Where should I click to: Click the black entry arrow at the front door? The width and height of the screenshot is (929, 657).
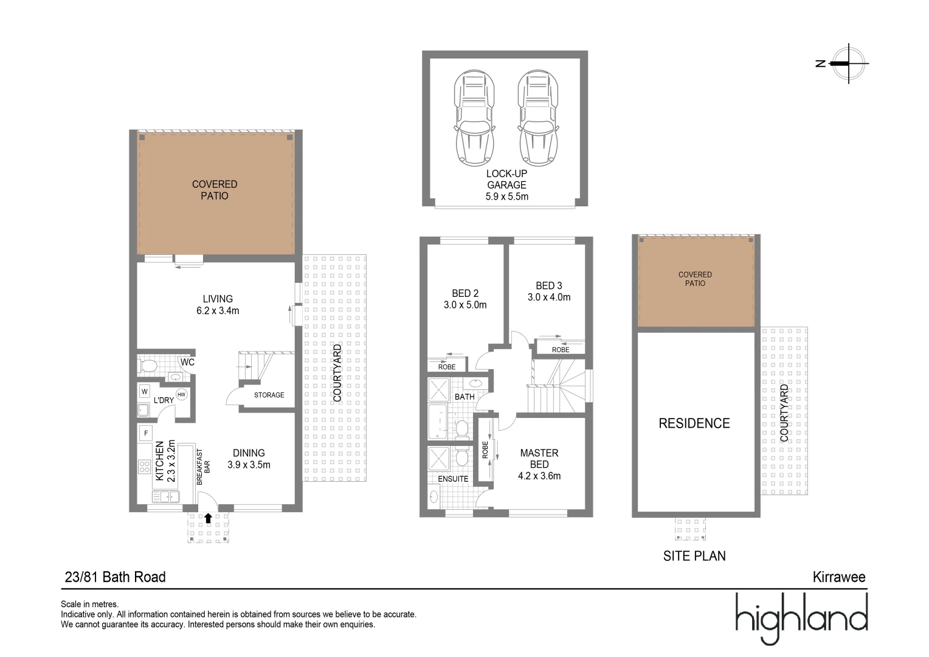point(209,518)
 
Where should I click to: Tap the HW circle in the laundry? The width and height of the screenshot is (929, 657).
point(181,395)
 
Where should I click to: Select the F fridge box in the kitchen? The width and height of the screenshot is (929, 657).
point(145,433)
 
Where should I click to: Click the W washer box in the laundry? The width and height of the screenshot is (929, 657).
point(145,391)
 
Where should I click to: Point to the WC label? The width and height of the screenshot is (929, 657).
point(187,363)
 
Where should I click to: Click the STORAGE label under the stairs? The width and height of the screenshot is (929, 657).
point(269,395)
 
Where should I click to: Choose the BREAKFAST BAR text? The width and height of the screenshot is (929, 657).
point(202,467)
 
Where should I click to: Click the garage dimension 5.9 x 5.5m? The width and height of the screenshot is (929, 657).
point(506,196)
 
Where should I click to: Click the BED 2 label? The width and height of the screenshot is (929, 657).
point(465,293)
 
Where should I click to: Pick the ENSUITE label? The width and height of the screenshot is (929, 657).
point(453,479)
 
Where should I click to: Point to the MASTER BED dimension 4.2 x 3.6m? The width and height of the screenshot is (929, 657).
point(539,476)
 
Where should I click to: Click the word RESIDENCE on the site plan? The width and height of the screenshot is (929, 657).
point(694,423)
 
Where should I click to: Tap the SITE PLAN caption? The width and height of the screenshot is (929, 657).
point(694,555)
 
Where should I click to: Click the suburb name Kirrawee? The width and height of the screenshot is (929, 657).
point(839,577)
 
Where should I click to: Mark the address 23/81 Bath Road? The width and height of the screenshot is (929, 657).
point(115,577)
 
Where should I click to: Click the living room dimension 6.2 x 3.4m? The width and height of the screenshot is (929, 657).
point(218,311)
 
